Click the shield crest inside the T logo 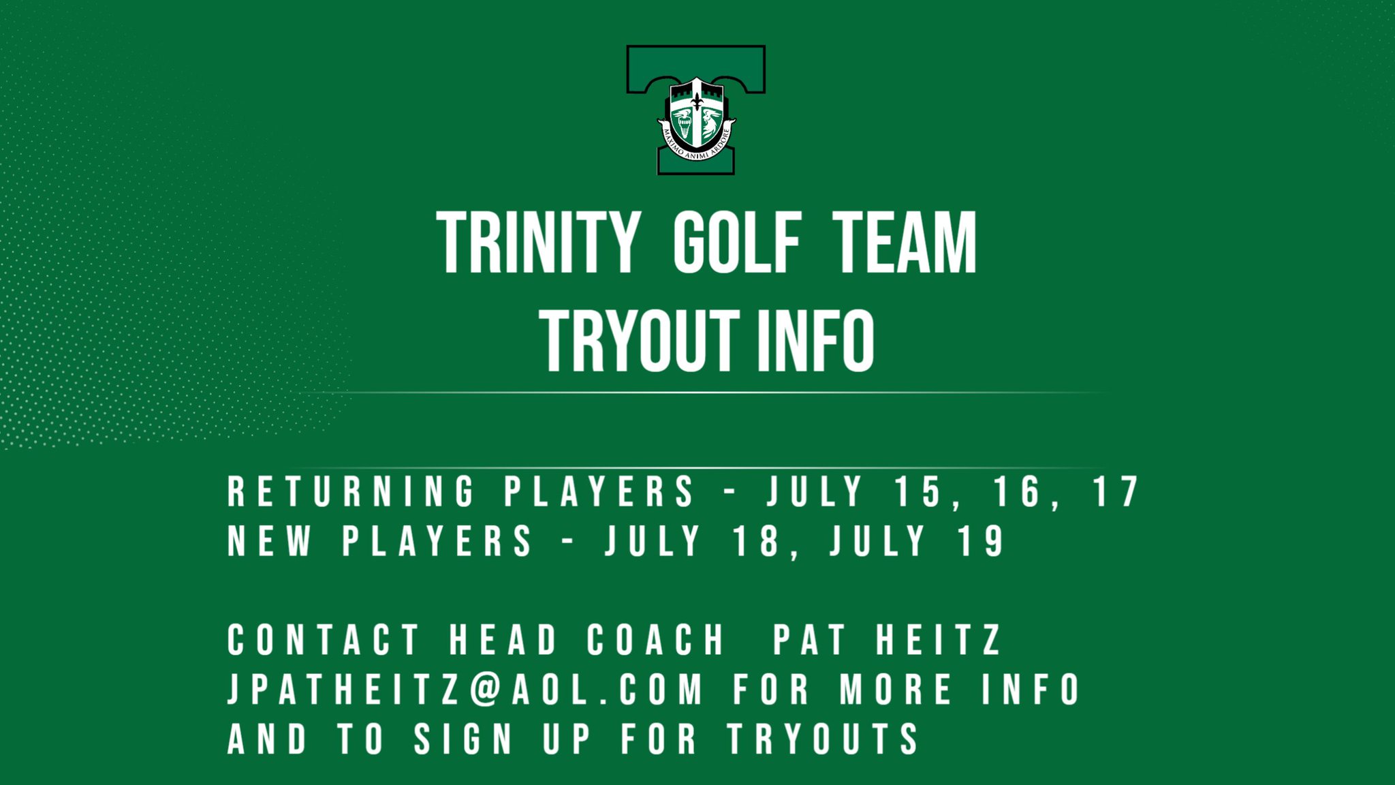pos(695,112)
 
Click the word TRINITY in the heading pos(538,243)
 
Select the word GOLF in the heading pos(736,243)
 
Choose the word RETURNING pos(351,492)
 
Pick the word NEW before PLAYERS pos(269,542)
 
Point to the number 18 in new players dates pos(756,542)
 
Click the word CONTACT pos(323,641)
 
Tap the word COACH pos(655,641)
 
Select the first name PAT pos(809,641)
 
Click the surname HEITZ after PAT pos(939,641)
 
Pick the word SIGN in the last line pos(463,739)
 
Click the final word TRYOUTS pos(823,739)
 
